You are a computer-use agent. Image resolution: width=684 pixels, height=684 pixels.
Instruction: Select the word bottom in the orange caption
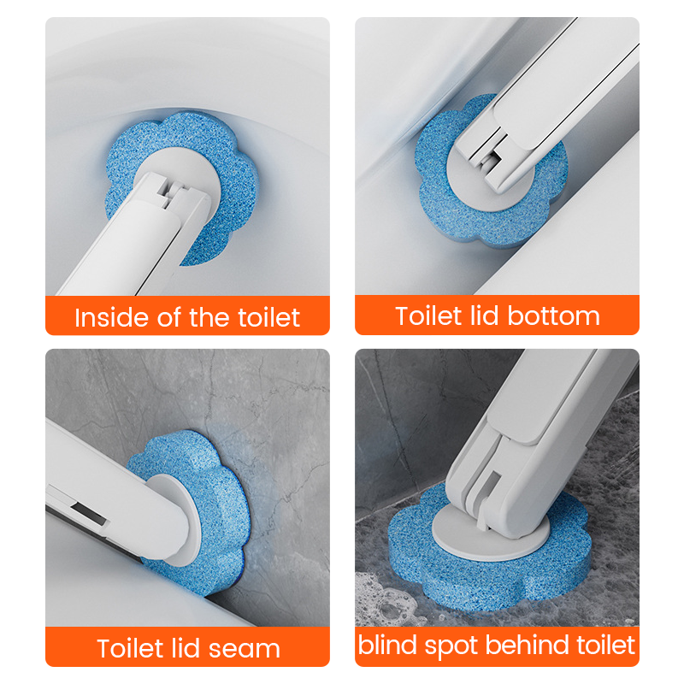553,315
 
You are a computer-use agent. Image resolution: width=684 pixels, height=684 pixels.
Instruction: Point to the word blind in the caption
387,645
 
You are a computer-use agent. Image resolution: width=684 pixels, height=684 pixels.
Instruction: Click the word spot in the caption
451,647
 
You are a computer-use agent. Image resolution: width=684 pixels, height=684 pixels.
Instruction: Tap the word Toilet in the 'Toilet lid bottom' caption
428,315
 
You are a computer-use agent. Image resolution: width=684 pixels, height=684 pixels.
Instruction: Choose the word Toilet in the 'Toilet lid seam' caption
130,648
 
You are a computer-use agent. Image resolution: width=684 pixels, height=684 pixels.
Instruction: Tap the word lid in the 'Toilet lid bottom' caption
484,315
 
